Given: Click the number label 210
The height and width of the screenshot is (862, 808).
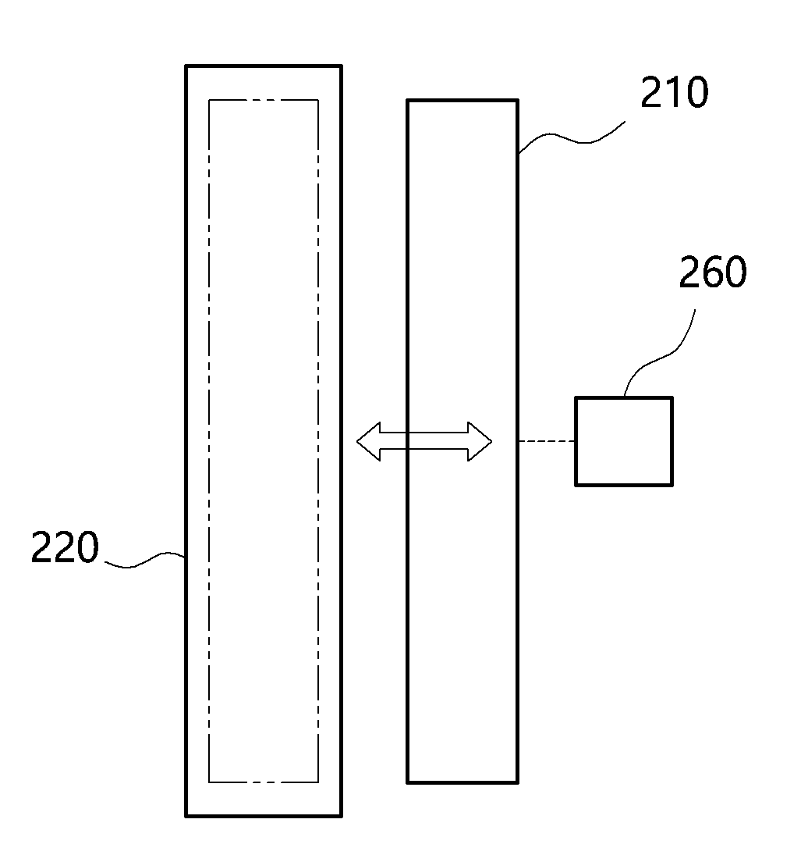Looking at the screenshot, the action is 674,92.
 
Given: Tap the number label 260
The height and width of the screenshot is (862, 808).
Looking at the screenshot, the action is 712,272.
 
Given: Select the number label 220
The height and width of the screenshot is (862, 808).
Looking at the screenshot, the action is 65,547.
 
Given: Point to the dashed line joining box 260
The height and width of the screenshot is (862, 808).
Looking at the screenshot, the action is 547,441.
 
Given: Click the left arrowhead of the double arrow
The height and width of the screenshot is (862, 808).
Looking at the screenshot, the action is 369,441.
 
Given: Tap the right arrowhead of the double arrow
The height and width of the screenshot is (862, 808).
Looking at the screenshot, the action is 480,441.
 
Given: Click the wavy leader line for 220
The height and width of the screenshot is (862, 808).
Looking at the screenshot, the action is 144,560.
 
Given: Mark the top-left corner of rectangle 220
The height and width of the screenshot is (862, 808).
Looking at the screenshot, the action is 186,66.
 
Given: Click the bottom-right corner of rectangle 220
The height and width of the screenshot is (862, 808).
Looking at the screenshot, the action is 342,817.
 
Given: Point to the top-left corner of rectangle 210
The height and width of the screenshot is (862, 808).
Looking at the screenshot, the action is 407,100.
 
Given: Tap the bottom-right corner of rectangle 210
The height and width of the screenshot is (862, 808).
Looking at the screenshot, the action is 518,782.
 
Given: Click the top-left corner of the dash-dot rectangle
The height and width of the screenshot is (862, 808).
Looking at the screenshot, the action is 209,100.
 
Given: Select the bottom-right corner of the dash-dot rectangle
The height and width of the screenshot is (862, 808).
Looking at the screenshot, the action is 318,782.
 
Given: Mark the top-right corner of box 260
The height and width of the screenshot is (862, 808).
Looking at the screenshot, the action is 672,397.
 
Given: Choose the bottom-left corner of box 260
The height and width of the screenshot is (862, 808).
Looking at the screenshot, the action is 576,486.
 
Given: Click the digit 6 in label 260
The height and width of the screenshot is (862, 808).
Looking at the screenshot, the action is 712,272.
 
